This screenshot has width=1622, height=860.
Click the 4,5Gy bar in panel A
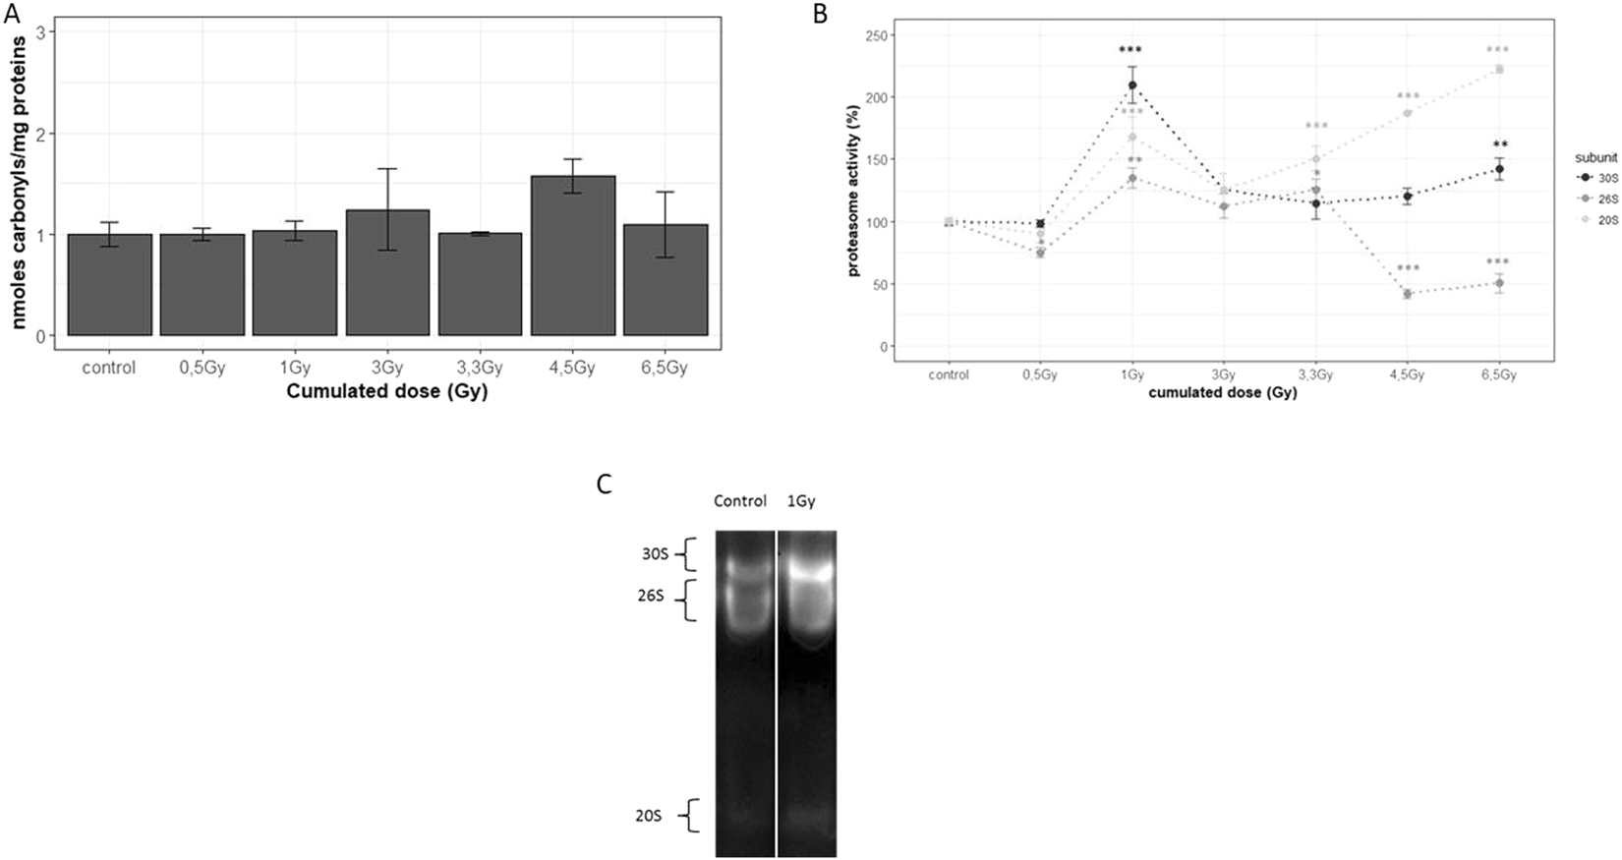[573, 256]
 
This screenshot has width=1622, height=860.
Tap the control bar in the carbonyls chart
[109, 285]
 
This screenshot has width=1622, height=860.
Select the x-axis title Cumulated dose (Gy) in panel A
[386, 392]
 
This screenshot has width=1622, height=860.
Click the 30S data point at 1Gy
[1132, 86]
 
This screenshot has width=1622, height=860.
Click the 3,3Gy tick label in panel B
[1315, 375]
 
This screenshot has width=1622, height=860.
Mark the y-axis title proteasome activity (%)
[854, 192]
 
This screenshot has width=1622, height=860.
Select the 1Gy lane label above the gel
[801, 501]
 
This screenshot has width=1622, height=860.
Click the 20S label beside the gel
[649, 816]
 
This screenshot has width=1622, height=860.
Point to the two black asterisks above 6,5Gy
[1500, 144]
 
